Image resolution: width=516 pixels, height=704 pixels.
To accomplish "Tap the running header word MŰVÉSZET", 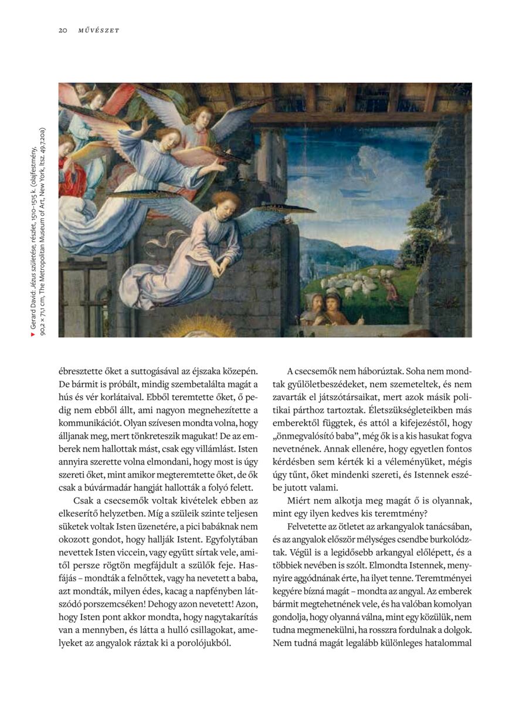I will tap(99, 31).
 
